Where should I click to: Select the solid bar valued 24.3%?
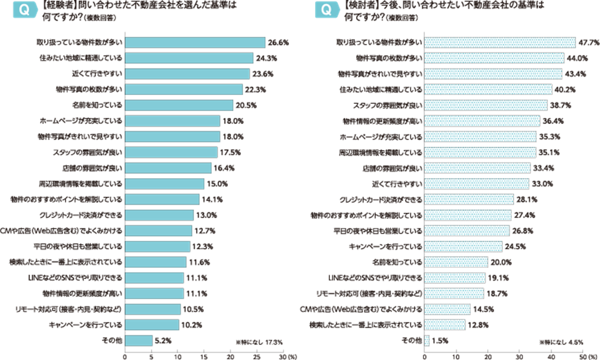pyautogui.click(x=189, y=58)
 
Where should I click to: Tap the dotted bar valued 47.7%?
pyautogui.click(x=499, y=42)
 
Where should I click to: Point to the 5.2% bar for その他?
pyautogui.click(x=138, y=339)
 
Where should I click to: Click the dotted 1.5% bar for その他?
pyautogui.click(x=427, y=339)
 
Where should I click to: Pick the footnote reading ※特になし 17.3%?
pyautogui.click(x=259, y=343)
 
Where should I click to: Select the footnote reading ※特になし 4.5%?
pyautogui.click(x=561, y=343)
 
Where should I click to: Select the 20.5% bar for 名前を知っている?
pyautogui.click(x=179, y=105)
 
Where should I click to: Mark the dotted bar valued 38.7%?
pyautogui.click(x=486, y=105)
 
